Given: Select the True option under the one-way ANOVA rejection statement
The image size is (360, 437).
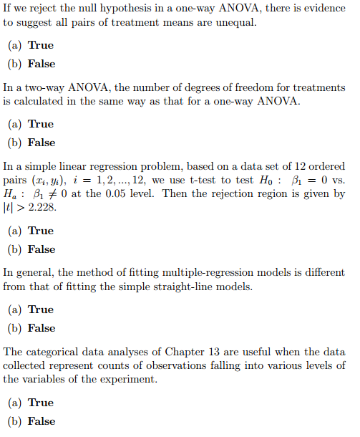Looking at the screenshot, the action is [x=40, y=45].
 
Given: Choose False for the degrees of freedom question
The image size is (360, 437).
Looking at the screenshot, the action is [x=41, y=143].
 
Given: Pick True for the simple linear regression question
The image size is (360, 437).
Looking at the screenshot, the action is [x=40, y=231].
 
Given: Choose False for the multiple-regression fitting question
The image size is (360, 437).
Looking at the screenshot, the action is [x=41, y=328].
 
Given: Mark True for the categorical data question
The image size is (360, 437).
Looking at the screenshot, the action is [x=40, y=403].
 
